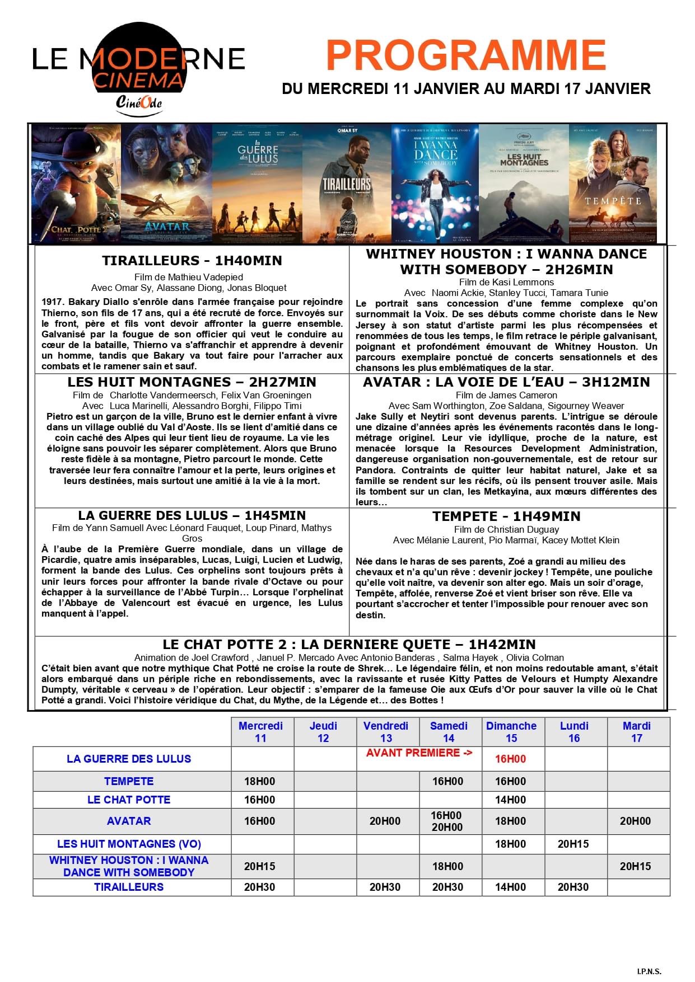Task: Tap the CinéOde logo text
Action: (139, 103)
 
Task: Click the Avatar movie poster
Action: (166, 184)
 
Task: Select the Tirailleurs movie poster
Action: (347, 184)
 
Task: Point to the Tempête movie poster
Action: (612, 184)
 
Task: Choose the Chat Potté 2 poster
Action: (76, 184)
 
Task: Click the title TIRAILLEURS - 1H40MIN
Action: (192, 261)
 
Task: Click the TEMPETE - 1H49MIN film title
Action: (506, 516)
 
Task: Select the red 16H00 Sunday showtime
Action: (511, 759)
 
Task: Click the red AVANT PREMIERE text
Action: (419, 753)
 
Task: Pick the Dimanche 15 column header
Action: (511, 732)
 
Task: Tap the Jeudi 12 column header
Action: (323, 732)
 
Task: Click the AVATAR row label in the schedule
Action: (129, 821)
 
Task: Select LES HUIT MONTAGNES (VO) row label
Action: (129, 844)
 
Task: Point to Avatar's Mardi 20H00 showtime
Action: (635, 821)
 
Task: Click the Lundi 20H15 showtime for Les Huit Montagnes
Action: (573, 844)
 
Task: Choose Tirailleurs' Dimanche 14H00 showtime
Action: (511, 887)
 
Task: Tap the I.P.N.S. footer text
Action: (649, 971)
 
